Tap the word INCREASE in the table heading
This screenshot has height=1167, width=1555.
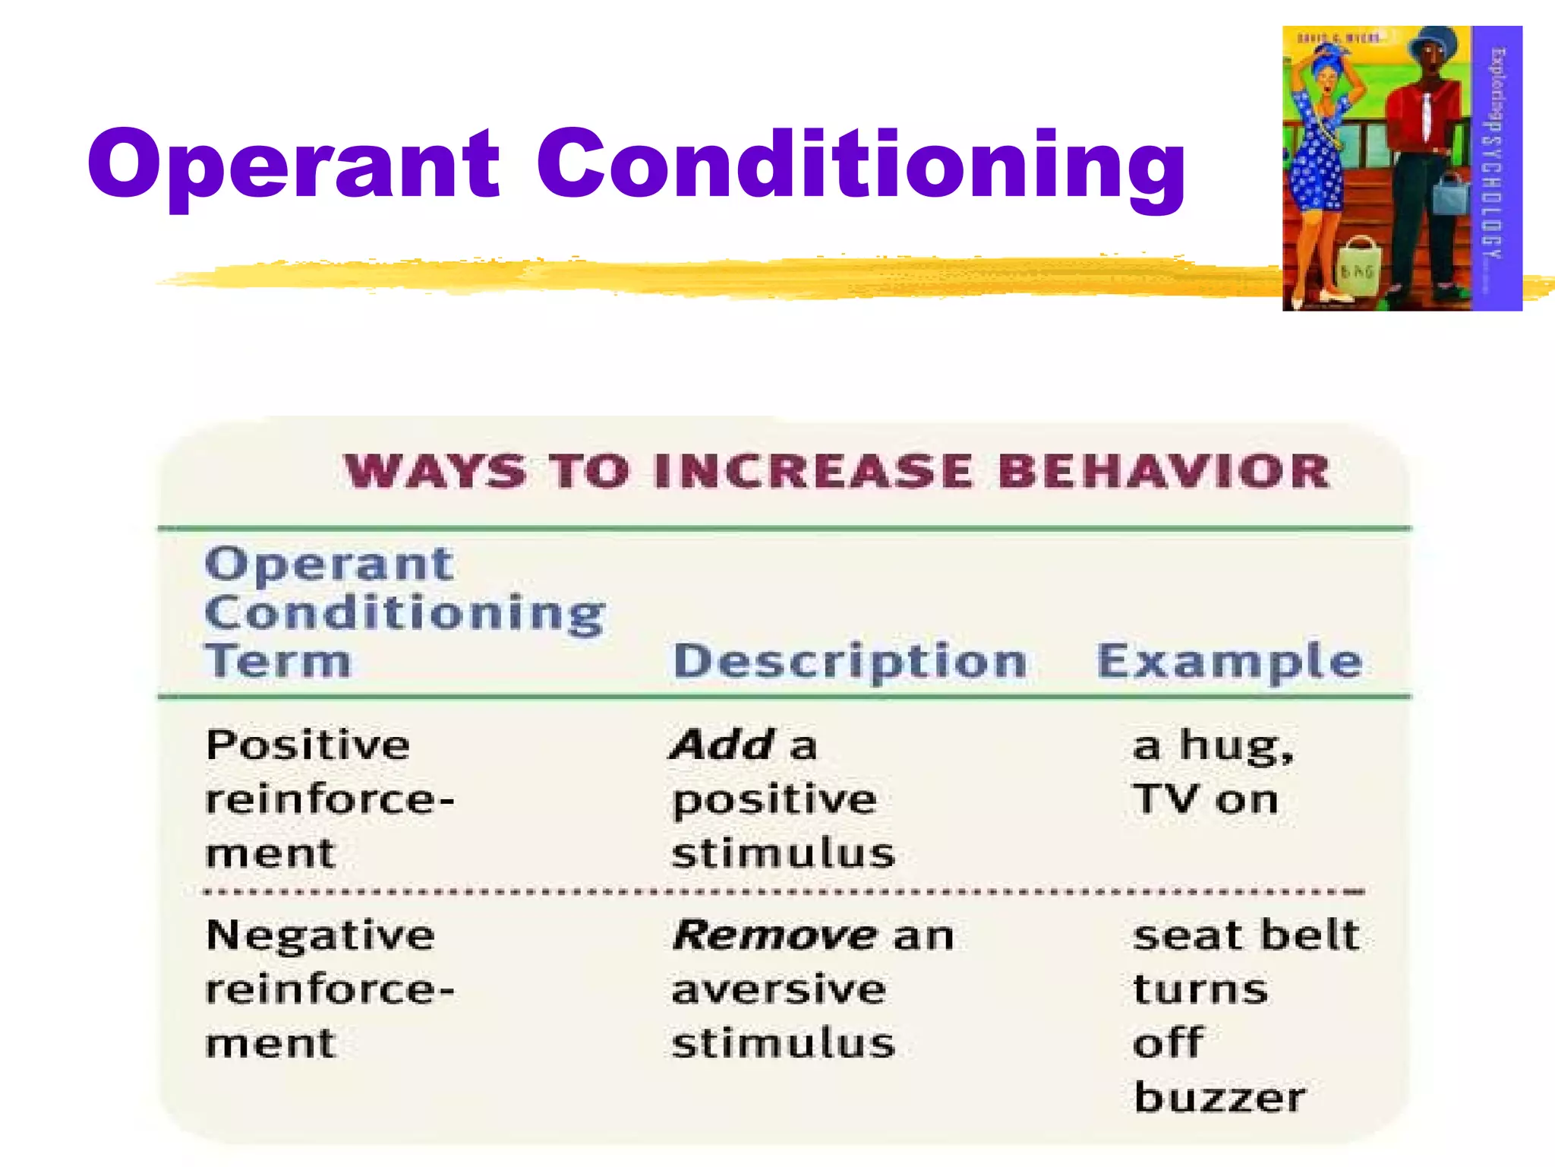(813, 471)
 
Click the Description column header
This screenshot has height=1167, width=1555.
(850, 662)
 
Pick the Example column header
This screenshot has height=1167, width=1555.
(1229, 662)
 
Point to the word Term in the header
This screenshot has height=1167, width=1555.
(278, 660)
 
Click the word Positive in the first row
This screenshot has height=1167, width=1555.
(308, 745)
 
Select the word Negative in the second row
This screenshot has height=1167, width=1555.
(320, 935)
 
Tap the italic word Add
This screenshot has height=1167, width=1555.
(722, 745)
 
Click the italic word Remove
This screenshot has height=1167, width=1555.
(775, 935)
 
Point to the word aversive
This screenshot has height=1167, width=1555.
(779, 989)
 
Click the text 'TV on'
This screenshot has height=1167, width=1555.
(1205, 799)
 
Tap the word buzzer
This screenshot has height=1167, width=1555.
(1219, 1097)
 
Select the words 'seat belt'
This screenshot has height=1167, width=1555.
(1245, 935)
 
